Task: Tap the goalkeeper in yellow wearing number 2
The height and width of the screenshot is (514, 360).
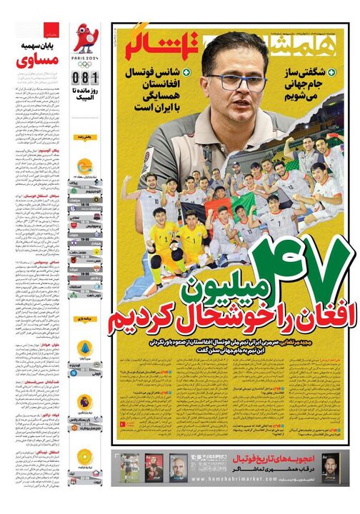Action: click(x=165, y=239)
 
